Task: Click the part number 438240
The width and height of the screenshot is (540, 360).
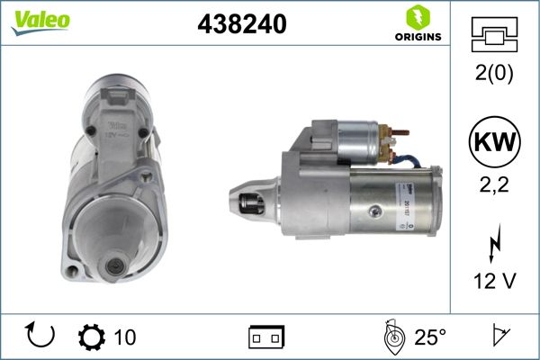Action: point(241,25)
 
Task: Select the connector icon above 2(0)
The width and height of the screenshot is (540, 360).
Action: point(495,37)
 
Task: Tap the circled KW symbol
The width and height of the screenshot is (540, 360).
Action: point(495,143)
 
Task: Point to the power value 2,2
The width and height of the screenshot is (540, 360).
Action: point(495,187)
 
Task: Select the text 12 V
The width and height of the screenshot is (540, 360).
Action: point(495,281)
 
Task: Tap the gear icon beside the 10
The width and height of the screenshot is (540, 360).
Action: point(93,337)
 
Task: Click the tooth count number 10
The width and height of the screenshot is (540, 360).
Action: point(125,337)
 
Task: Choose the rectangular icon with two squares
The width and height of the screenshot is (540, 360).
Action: point(266,337)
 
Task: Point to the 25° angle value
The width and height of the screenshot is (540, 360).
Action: point(430,337)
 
